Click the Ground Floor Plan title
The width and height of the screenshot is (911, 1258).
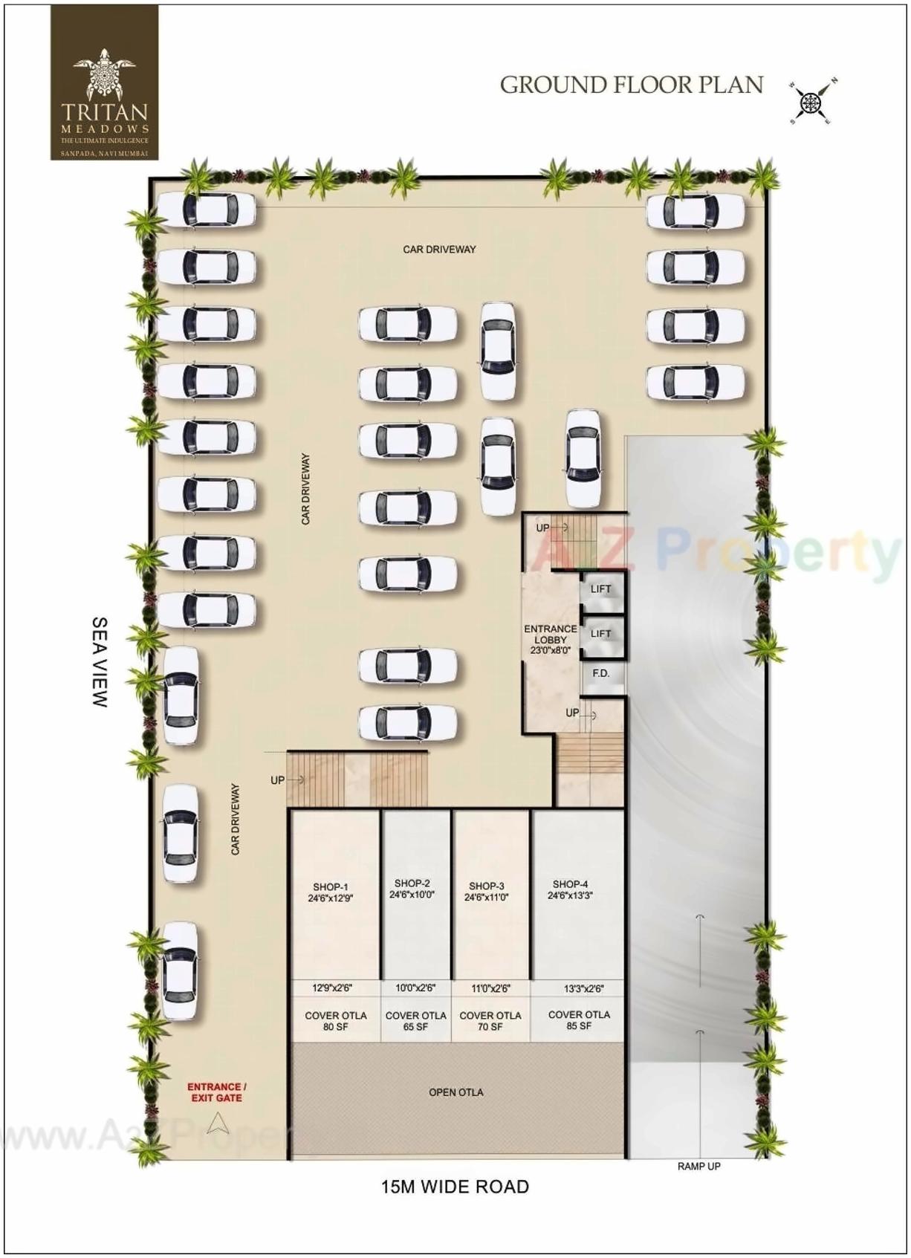(x=631, y=85)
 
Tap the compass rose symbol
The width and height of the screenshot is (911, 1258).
(x=813, y=101)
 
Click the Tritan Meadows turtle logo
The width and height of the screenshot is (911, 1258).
(x=104, y=74)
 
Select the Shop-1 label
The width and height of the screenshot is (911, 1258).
(x=331, y=892)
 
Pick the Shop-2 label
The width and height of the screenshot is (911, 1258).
(x=412, y=889)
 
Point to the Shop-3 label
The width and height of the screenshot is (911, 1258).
(x=487, y=891)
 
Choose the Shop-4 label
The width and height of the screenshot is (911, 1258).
(x=570, y=889)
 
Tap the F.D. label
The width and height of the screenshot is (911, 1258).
(x=601, y=673)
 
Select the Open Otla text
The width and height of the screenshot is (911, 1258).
(x=456, y=1092)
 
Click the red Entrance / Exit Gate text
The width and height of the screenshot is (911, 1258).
(x=216, y=1092)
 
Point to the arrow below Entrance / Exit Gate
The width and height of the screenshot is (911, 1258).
(x=217, y=1124)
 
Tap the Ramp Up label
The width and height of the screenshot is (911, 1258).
(x=698, y=1166)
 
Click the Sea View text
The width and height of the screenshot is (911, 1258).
(x=100, y=662)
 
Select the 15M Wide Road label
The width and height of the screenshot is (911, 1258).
(x=455, y=1187)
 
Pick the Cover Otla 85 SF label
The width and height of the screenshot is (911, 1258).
(x=579, y=1019)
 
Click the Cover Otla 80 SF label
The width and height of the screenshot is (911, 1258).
(x=335, y=1020)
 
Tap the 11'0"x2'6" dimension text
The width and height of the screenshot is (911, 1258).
(x=490, y=988)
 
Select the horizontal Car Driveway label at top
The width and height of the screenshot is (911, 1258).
(x=439, y=249)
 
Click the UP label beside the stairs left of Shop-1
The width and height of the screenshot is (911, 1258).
(x=277, y=780)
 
